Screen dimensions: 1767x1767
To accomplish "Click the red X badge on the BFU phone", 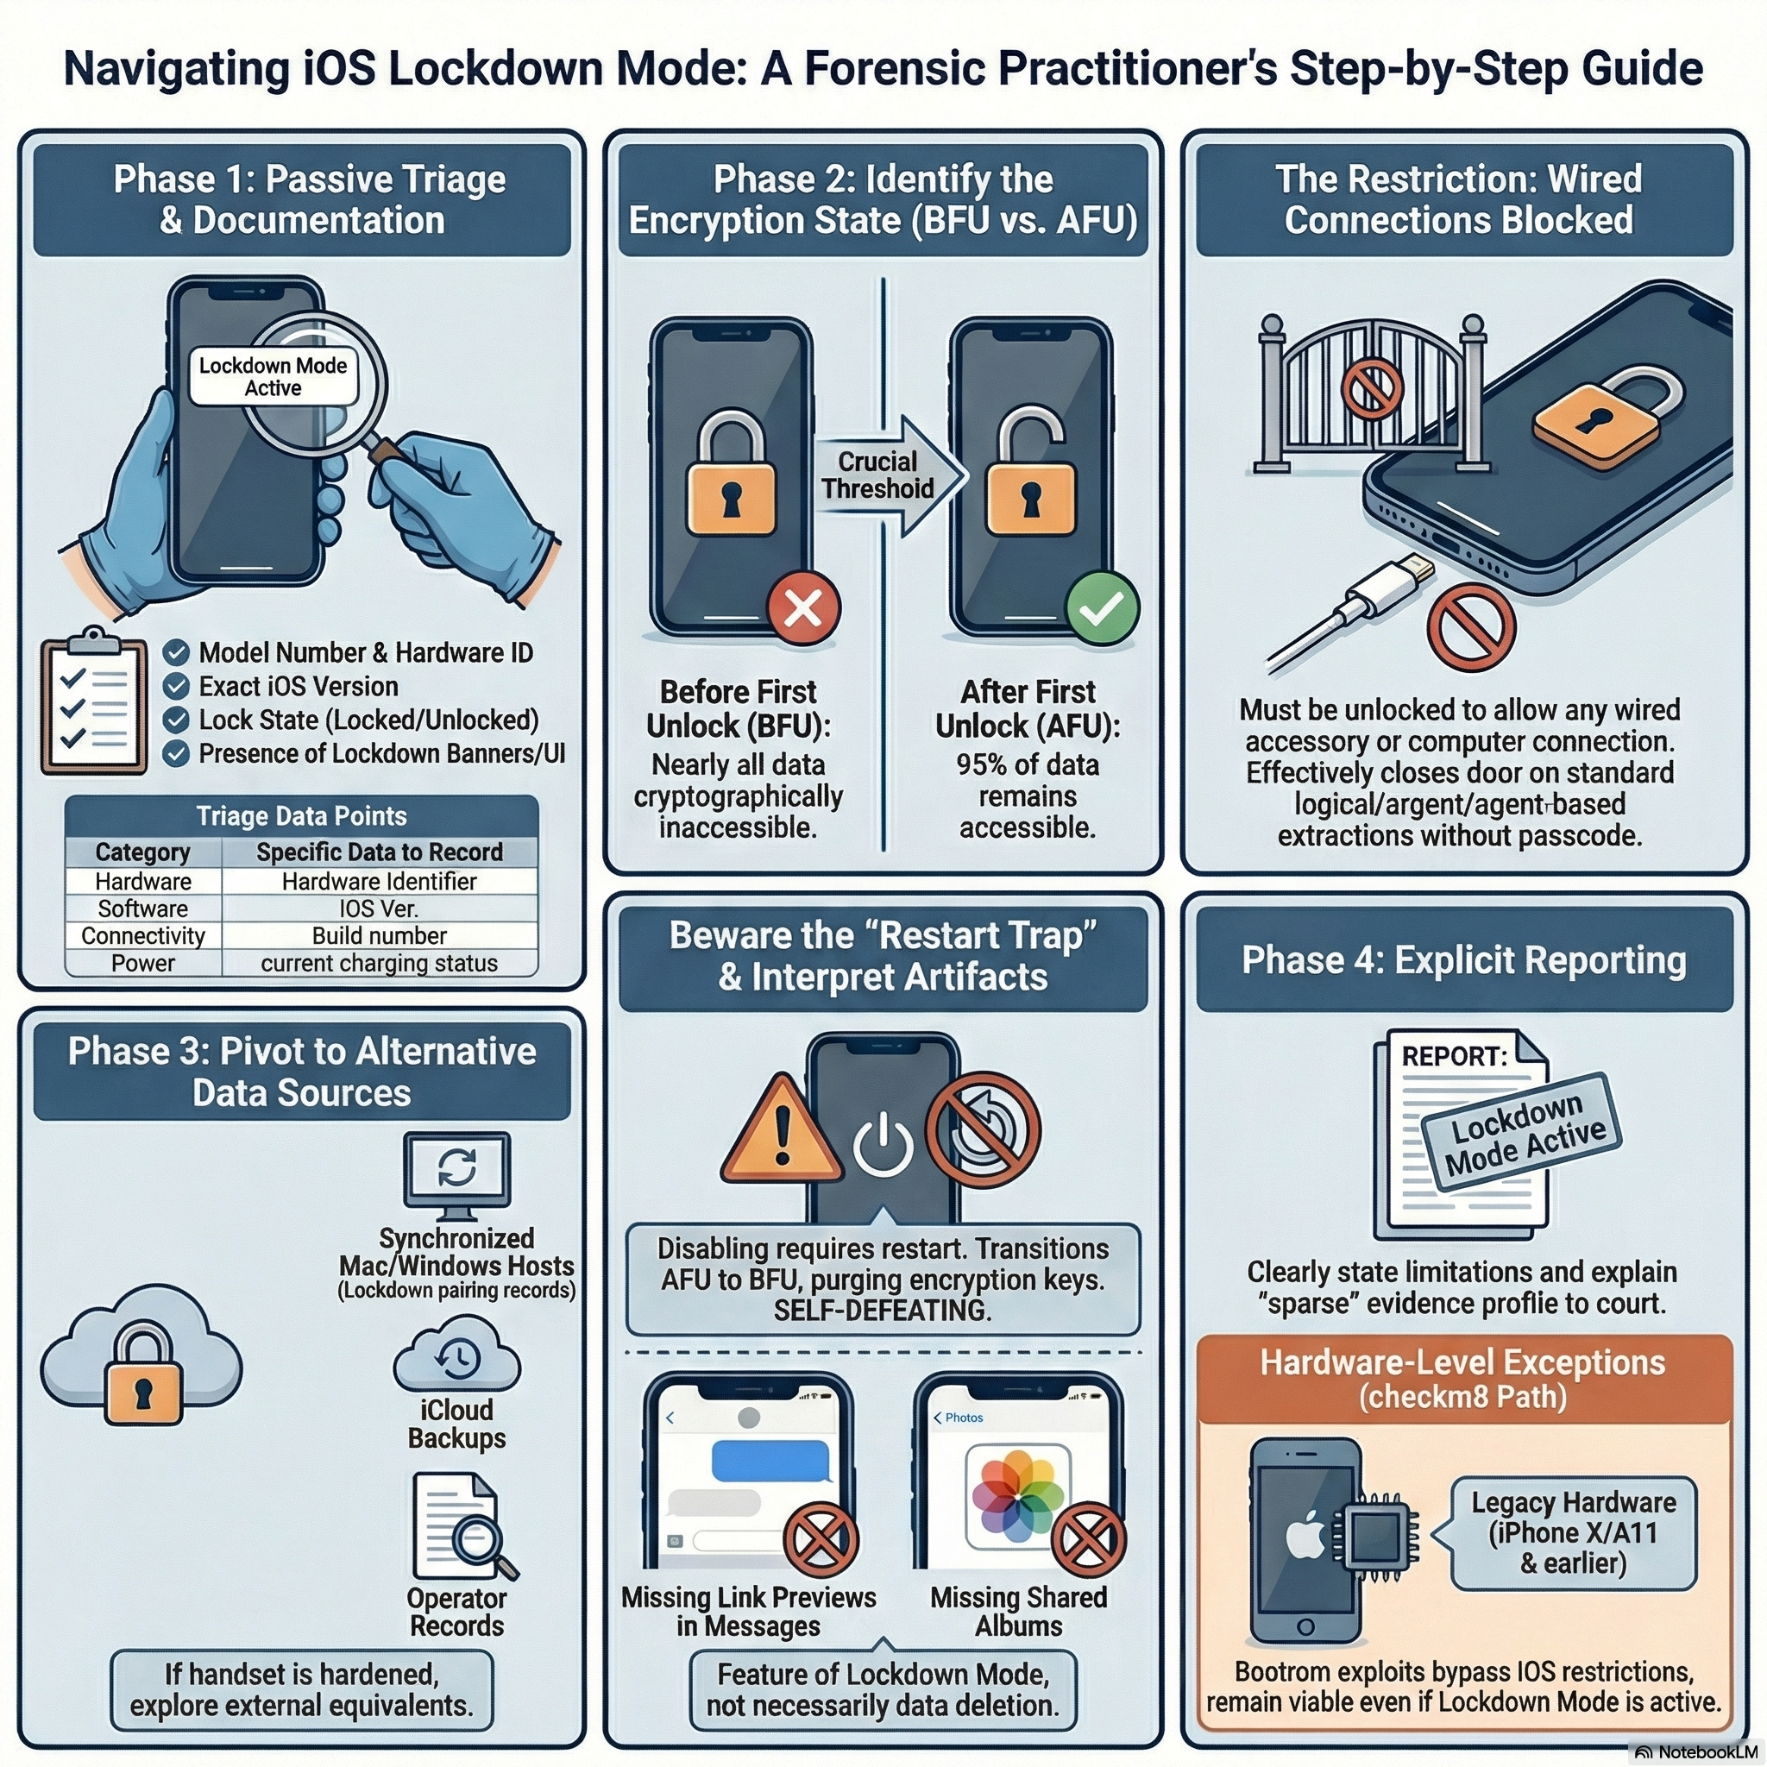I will (803, 607).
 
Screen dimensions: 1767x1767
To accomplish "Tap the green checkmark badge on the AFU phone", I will (1102, 607).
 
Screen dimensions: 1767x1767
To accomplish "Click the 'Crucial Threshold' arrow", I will (883, 475).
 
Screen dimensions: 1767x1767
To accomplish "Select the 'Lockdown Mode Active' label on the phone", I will (273, 376).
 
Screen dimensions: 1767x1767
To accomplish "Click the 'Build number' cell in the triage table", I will (379, 935).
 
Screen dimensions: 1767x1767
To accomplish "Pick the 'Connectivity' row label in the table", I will (142, 935).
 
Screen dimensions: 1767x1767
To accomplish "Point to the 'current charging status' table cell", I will (379, 963).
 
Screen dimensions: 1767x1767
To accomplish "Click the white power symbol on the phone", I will (883, 1143).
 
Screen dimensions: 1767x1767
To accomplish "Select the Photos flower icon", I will (1018, 1496).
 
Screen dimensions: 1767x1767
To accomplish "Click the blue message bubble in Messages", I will (771, 1461).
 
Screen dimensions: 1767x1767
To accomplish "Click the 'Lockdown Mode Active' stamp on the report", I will (1520, 1132).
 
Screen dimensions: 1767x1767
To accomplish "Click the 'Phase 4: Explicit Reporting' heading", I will (1463, 960).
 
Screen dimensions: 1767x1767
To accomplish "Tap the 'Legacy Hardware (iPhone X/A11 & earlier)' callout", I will (1572, 1533).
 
